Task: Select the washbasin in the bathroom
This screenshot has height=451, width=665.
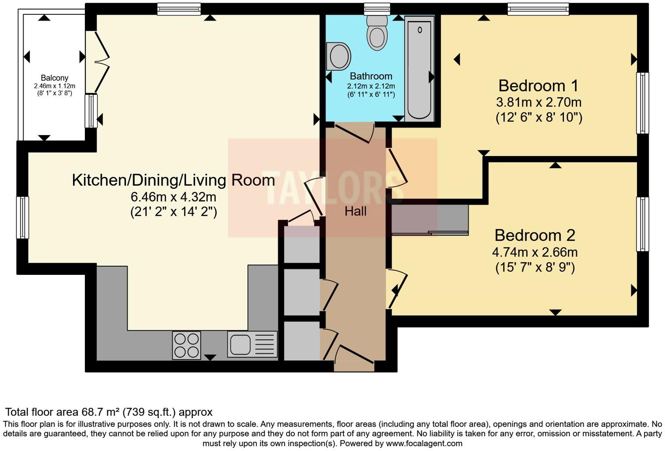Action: tap(339, 56)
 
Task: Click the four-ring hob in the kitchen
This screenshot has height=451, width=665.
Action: tap(186, 345)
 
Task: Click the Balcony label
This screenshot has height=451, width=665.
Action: tap(55, 78)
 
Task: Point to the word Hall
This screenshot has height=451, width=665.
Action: tap(355, 212)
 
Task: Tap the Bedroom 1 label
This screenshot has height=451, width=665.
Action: tap(538, 85)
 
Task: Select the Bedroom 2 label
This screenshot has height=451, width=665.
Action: tap(535, 235)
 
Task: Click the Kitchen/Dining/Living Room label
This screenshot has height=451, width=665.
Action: tap(173, 180)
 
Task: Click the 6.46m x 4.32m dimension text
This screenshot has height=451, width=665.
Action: tap(173, 197)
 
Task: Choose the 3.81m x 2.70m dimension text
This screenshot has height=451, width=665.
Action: tap(538, 102)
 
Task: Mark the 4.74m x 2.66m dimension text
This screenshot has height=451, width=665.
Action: tap(535, 252)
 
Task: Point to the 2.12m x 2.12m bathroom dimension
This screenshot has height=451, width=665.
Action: tap(371, 86)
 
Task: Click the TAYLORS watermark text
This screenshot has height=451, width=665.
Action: tap(332, 188)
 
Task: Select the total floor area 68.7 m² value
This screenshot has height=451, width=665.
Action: tap(101, 412)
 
